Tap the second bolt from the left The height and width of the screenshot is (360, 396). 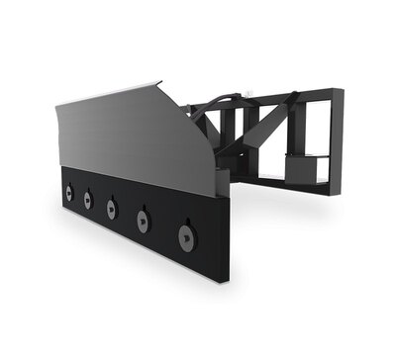tap(87, 201)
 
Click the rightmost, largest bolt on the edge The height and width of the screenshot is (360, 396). tap(184, 234)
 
